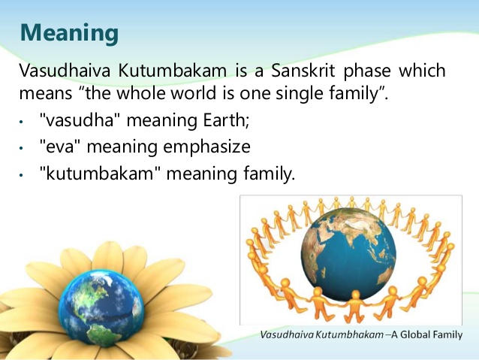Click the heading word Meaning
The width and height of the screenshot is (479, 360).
click(69, 33)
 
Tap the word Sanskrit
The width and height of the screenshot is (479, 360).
click(303, 71)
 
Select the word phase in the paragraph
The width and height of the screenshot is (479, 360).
click(367, 71)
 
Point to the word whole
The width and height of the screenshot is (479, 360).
click(141, 93)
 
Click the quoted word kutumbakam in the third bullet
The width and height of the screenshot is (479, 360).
click(101, 173)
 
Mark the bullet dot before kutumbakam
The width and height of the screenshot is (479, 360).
click(21, 175)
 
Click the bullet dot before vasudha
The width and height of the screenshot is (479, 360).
click(21, 122)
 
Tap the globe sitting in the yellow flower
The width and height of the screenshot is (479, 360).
click(101, 308)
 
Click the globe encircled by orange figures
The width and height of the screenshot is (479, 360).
click(348, 254)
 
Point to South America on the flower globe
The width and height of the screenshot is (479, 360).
click(101, 334)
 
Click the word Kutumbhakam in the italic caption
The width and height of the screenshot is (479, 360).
click(349, 334)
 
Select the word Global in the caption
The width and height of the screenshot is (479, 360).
click(414, 334)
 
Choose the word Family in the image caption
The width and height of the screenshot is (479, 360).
click(447, 335)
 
